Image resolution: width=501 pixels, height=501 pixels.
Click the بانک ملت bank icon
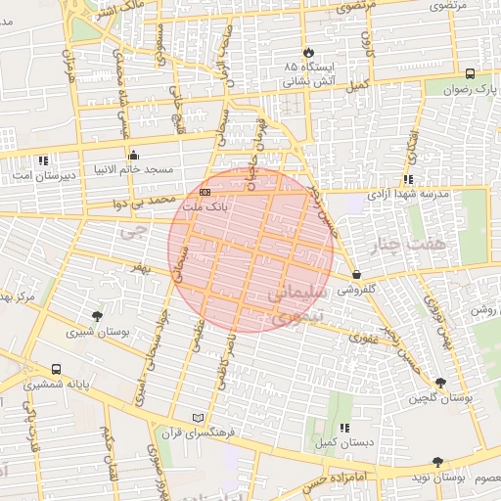(205, 192)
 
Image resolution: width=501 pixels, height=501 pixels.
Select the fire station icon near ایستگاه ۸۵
(309, 52)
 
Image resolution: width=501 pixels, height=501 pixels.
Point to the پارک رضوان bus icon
(471, 73)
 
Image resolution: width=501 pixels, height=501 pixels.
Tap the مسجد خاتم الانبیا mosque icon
(134, 155)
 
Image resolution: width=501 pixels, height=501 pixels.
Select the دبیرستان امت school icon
(42, 160)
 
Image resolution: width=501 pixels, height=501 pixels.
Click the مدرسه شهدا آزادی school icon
(407, 180)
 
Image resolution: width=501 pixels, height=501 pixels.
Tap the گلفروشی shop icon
(355, 276)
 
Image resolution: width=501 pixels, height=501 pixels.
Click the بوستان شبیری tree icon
(96, 315)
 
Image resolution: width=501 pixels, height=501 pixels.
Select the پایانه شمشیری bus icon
(55, 370)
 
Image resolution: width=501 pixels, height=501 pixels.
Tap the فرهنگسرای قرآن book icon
(200, 418)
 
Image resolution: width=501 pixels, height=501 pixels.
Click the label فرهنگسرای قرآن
(200, 433)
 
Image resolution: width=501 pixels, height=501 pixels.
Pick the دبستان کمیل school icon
(343, 429)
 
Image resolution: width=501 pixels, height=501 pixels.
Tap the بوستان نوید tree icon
(436, 462)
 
